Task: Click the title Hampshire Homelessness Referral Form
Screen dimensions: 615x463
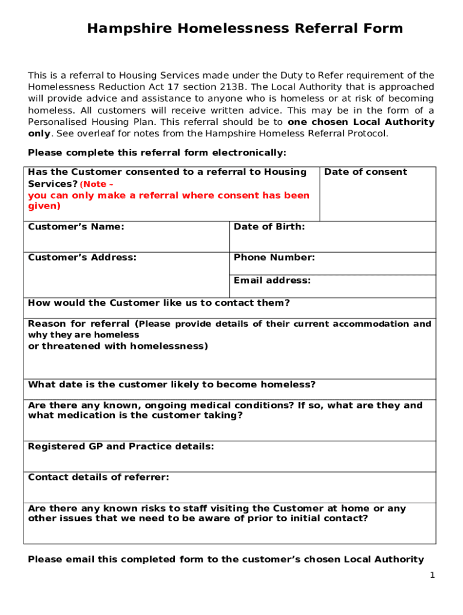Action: [x=245, y=29]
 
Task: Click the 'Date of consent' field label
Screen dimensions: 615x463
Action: [x=365, y=172]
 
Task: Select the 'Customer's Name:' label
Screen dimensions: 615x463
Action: [x=76, y=227]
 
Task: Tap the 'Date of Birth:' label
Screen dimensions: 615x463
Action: [x=269, y=227]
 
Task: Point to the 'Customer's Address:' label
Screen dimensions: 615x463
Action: [x=82, y=258]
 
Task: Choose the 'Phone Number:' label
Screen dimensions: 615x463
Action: [x=274, y=258]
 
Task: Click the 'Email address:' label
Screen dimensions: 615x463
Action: [x=272, y=280]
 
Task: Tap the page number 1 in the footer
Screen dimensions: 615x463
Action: [x=432, y=575]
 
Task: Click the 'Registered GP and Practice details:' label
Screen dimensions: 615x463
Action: [x=121, y=447]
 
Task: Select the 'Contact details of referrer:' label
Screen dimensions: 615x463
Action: [x=99, y=477]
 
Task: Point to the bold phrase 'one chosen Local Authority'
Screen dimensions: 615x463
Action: [x=361, y=122]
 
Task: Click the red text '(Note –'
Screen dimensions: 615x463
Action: [x=97, y=184]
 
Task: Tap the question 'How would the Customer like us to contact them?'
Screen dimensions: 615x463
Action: [x=159, y=303]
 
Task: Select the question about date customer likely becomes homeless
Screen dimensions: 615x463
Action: [x=172, y=385]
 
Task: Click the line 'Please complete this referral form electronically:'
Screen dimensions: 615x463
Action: [x=158, y=153]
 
